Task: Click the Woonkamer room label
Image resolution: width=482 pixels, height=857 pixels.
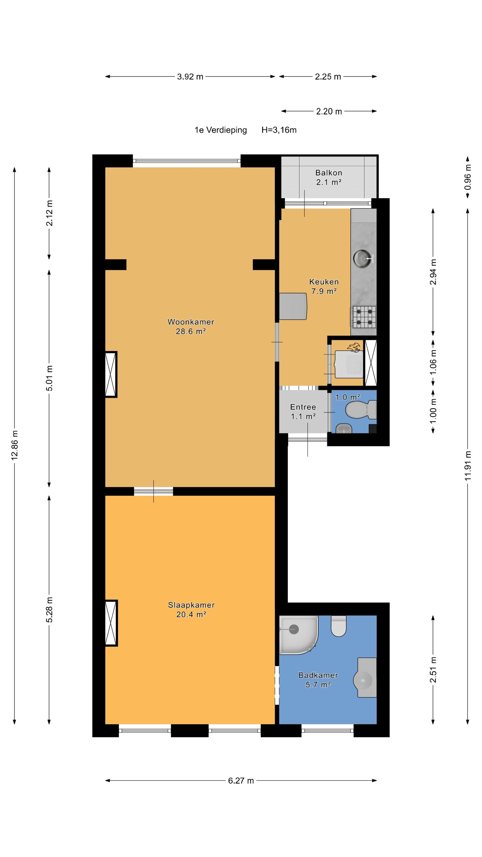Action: [x=191, y=322]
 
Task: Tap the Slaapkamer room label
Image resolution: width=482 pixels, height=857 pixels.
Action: [x=191, y=605]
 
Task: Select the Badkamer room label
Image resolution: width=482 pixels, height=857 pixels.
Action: [x=318, y=675]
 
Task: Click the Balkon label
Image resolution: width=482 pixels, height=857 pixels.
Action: [x=329, y=173]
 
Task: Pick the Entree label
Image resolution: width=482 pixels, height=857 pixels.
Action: [x=303, y=407]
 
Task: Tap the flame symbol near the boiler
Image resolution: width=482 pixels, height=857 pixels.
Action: [x=354, y=347]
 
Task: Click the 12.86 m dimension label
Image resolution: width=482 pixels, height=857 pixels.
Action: [x=15, y=445]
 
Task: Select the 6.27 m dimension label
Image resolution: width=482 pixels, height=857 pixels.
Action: [x=241, y=780]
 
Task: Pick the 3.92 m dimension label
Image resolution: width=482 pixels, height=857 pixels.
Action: [x=190, y=77]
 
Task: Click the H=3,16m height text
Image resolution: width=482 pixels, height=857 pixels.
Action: [x=279, y=130]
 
